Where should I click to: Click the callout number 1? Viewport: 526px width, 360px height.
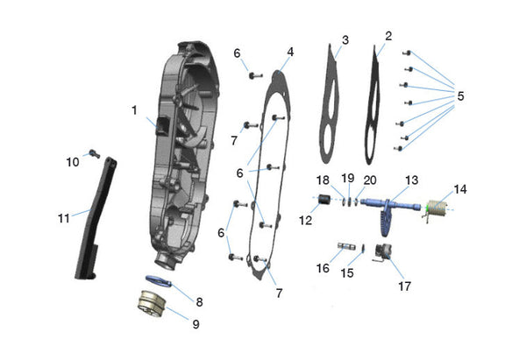coord(135,110)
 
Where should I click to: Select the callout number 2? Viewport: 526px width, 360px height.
coord(388,37)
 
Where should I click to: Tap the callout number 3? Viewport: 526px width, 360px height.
coord(345,40)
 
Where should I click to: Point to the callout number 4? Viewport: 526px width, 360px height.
coord(290,52)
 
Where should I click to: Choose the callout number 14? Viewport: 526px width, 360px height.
coord(460,188)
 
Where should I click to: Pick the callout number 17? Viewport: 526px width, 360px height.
coord(404,285)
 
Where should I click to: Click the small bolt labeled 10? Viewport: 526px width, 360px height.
coord(92,155)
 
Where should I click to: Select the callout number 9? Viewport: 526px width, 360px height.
coord(195,324)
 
